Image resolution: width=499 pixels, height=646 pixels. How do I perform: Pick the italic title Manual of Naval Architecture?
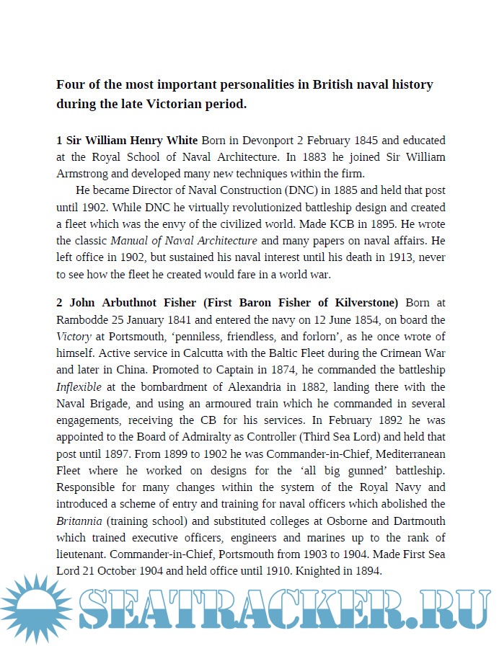point(184,240)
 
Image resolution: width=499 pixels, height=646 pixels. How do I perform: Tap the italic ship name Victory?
point(74,336)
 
